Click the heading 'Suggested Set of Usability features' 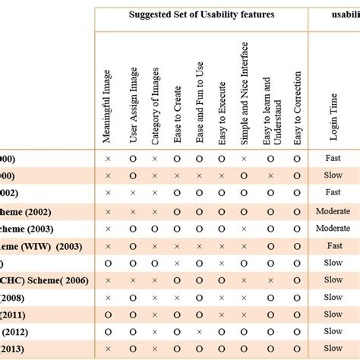click(201, 14)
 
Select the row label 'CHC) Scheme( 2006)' click(46, 280)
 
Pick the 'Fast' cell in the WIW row click(333, 245)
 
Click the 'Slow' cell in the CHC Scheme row click(333, 280)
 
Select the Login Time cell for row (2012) click(333, 332)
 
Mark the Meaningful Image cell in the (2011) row click(108, 315)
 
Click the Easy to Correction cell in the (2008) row click(297, 298)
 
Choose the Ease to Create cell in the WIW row click(177, 245)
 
